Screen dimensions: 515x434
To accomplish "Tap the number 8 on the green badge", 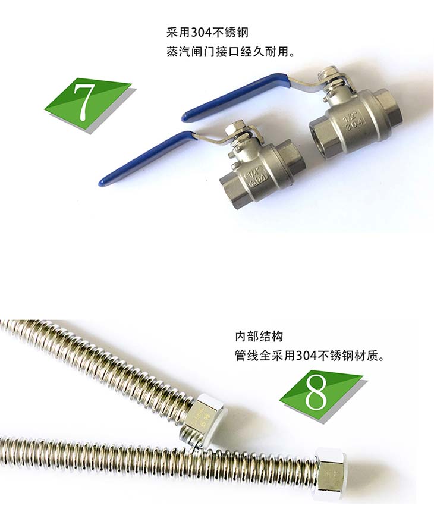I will pyautogui.click(x=316, y=391).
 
